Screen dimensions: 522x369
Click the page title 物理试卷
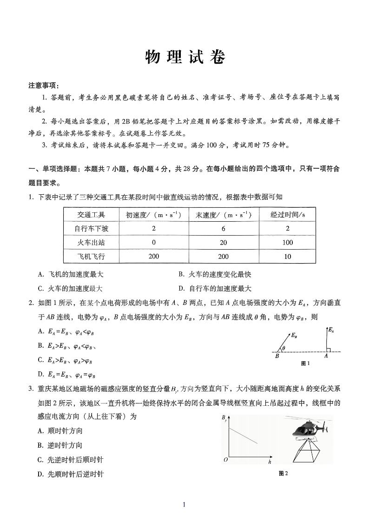(184, 58)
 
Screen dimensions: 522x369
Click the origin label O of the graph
(225, 460)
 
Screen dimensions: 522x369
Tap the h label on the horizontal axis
(270, 463)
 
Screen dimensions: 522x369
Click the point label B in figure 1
(277, 356)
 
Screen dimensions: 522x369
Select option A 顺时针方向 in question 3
(60, 431)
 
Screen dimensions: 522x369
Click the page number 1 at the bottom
(184, 505)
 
